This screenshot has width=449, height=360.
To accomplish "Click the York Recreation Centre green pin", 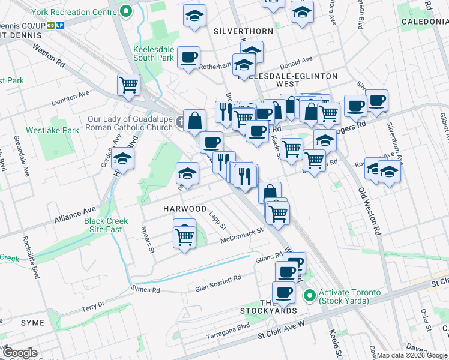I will pyautogui.click(x=126, y=11).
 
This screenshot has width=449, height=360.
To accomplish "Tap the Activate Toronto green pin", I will pyautogui.click(x=310, y=296).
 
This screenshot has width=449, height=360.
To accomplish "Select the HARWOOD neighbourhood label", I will pyautogui.click(x=185, y=209).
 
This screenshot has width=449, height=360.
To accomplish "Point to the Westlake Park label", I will pyautogui.click(x=52, y=130).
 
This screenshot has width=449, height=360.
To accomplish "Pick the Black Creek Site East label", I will pyautogui.click(x=107, y=226).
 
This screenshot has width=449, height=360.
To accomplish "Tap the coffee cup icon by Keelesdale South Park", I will pyautogui.click(x=189, y=58).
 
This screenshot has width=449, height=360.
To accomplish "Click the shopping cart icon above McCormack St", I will pyautogui.click(x=184, y=236).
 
